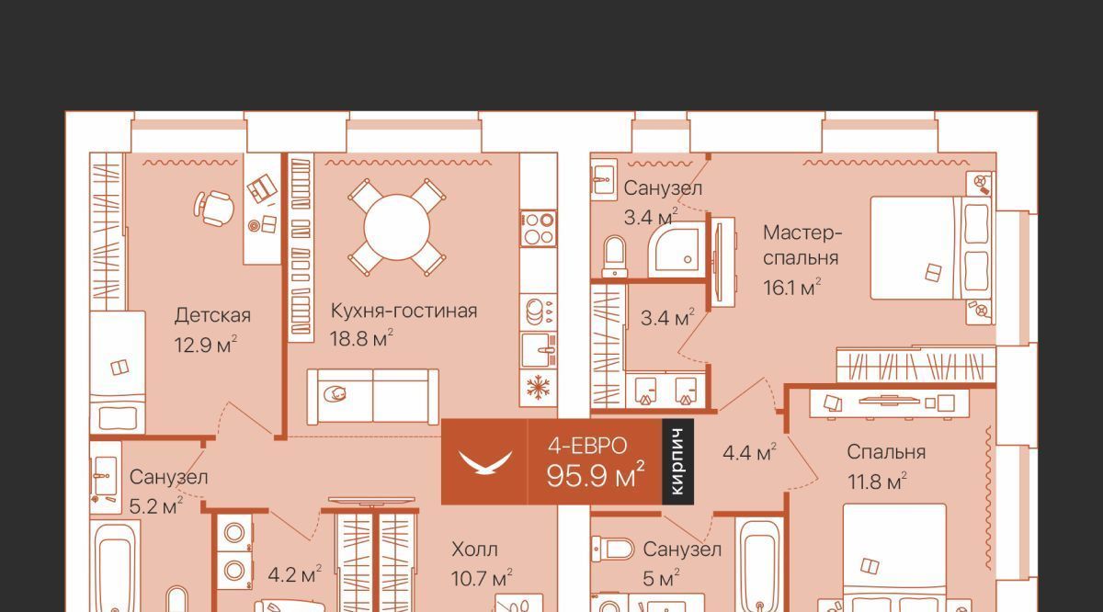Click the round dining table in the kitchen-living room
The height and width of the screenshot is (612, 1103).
coord(397,227)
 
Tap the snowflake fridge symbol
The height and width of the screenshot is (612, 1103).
coord(539,388)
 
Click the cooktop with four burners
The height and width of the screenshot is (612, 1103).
coord(539,229)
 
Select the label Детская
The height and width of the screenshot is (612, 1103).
coord(212,315)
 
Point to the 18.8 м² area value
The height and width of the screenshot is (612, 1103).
coord(361,339)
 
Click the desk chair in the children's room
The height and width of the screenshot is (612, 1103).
coord(213,208)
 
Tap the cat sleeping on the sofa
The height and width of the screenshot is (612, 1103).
coord(335,394)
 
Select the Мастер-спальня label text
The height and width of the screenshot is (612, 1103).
coord(802,245)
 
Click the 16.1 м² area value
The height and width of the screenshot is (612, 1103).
coord(792,288)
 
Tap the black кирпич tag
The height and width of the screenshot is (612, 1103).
coord(678,462)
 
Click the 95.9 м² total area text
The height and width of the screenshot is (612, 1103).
coord(596,475)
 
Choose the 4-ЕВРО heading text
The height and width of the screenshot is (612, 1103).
coord(587,446)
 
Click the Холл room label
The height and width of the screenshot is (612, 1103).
coord(474,549)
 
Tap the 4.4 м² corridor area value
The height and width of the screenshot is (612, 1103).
coord(749,452)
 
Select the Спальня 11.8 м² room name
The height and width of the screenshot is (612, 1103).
coord(886,452)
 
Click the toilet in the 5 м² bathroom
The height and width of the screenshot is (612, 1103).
coord(613,549)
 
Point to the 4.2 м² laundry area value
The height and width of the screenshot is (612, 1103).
coord(295,574)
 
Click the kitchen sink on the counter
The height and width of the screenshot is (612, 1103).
coord(539,349)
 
